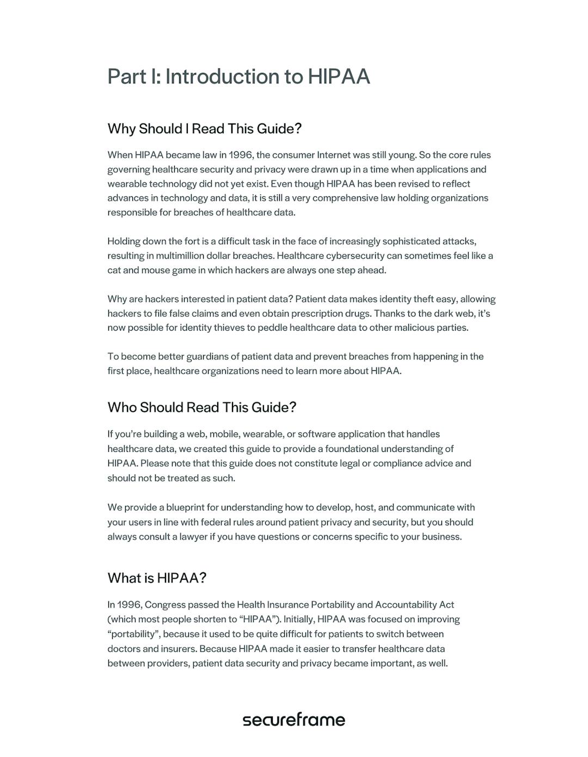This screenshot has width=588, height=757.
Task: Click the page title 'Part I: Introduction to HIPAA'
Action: click(x=238, y=77)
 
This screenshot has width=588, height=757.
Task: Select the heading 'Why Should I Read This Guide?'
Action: click(x=204, y=129)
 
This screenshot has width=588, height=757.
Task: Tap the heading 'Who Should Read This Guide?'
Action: click(x=201, y=407)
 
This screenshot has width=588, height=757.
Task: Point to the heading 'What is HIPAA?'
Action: click(x=157, y=578)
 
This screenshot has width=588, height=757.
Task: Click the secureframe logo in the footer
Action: click(x=293, y=719)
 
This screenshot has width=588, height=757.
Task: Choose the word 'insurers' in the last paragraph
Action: click(x=175, y=649)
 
